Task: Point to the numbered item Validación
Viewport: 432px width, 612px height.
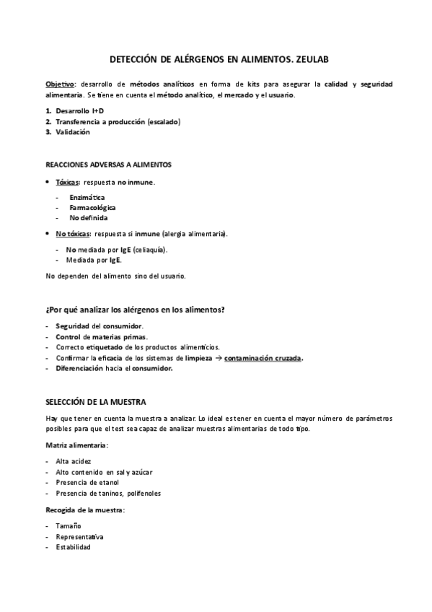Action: click(73, 132)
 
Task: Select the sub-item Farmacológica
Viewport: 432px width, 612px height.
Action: click(92, 207)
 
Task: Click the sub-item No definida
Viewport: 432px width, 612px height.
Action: click(88, 217)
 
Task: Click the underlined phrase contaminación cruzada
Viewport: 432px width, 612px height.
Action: click(263, 358)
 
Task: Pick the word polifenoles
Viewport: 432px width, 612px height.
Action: click(142, 493)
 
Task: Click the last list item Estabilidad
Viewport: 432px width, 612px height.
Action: click(74, 548)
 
